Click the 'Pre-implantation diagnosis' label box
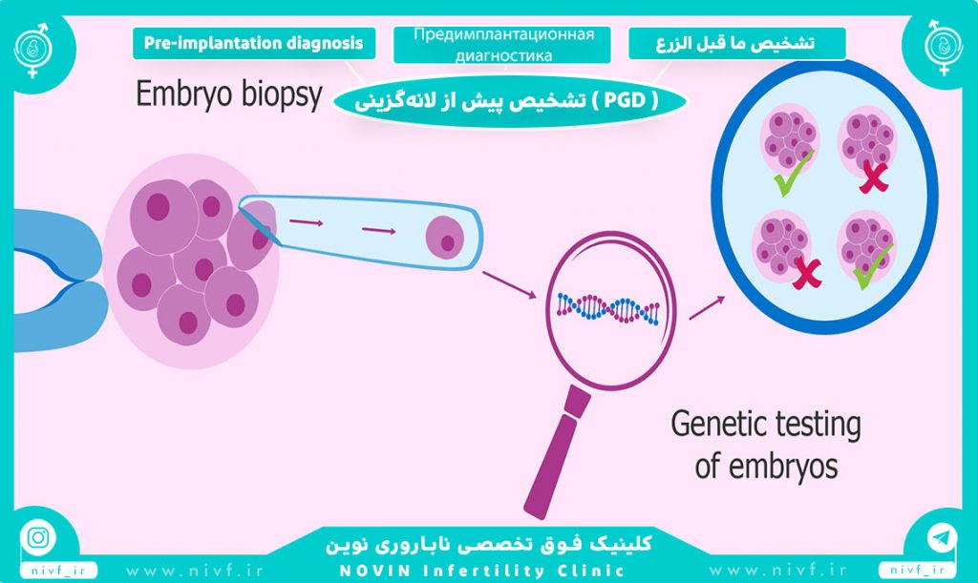coord(254,43)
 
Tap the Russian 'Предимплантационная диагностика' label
coord(502,44)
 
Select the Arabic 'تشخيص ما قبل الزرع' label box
coord(737,43)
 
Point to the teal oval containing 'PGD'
coord(509,101)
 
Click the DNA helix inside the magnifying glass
coord(608,308)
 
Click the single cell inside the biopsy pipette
coord(445,238)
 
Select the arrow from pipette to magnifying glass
coord(509,284)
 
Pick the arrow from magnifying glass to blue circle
coord(707,307)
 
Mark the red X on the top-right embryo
coord(873,177)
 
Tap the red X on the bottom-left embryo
coord(807,274)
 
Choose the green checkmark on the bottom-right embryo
coord(872,266)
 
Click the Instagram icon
coord(38,537)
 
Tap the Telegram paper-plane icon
coord(942,537)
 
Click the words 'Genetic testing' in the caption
coord(766,425)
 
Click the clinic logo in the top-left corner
coord(33,50)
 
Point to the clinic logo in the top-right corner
coord(943,48)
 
